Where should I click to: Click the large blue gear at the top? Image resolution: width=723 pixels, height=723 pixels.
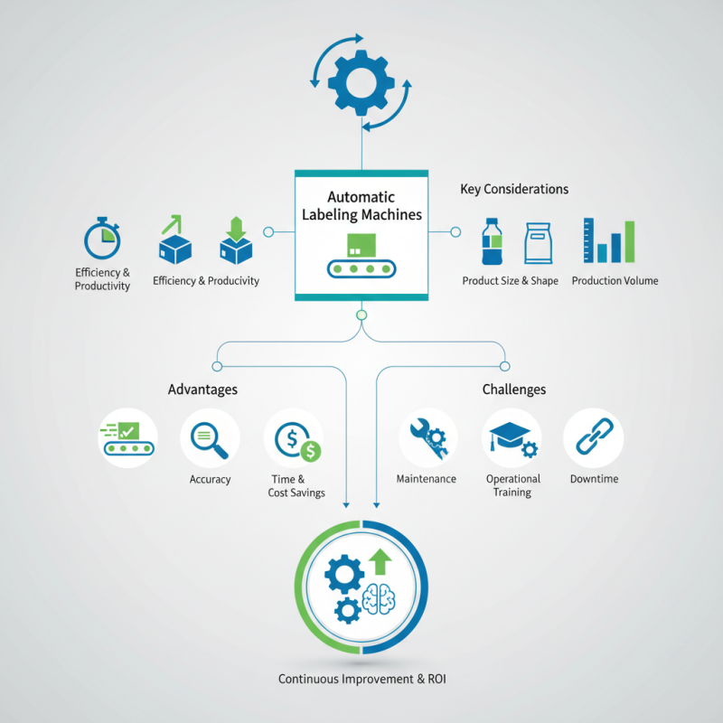(x=361, y=83)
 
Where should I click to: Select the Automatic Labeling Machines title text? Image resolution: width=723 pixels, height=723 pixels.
(x=361, y=206)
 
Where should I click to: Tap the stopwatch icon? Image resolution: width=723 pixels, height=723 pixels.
(x=102, y=238)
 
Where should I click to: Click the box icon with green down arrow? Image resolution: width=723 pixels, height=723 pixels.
(x=236, y=240)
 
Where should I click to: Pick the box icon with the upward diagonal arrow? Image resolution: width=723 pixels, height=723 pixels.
(x=175, y=239)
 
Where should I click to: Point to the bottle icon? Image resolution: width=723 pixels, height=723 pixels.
(x=492, y=241)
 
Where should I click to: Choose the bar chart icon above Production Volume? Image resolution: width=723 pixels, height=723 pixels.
(x=609, y=240)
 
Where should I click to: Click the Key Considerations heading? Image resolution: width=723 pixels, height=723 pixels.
(x=514, y=189)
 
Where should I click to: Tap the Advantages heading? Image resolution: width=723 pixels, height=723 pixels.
(x=202, y=390)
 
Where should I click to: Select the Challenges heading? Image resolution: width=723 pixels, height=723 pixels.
(x=514, y=390)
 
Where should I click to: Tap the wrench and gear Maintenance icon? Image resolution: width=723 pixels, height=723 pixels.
(x=428, y=438)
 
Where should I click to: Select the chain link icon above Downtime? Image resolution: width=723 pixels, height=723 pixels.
(x=595, y=437)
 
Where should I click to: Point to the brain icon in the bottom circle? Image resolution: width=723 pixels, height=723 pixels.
(x=379, y=599)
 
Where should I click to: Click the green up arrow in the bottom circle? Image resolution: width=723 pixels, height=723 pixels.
(x=380, y=561)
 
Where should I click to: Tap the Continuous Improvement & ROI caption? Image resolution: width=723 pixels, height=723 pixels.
(x=362, y=680)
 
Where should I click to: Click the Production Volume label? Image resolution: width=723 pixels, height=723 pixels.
(x=615, y=281)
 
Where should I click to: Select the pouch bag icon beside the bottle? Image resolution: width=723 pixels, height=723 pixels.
(x=538, y=243)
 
